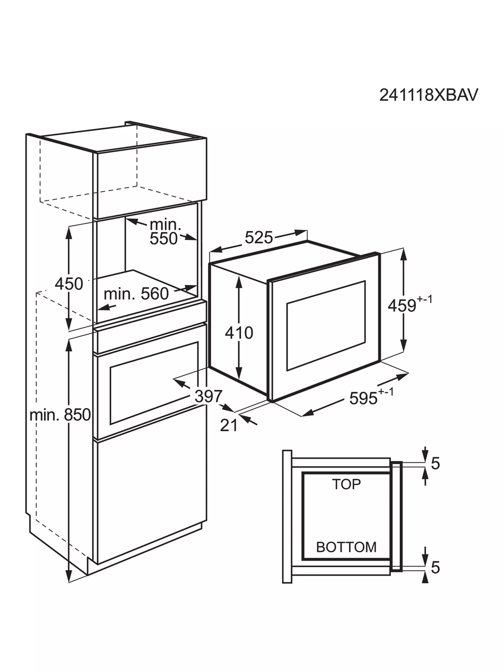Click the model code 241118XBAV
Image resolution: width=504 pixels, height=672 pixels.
point(428,95)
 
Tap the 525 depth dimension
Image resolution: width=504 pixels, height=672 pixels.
point(258,237)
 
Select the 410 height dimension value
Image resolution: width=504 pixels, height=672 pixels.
point(239,332)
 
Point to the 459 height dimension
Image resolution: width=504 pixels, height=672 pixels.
point(402,306)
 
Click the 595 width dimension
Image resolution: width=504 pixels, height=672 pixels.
point(363,398)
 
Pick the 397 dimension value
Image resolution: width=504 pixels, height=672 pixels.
point(208,396)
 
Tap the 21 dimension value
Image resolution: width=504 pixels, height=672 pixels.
point(229,425)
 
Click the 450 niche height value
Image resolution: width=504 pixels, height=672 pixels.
point(69,284)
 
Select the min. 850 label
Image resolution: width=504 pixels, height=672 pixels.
point(60,415)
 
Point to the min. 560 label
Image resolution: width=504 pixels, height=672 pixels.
point(136,294)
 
